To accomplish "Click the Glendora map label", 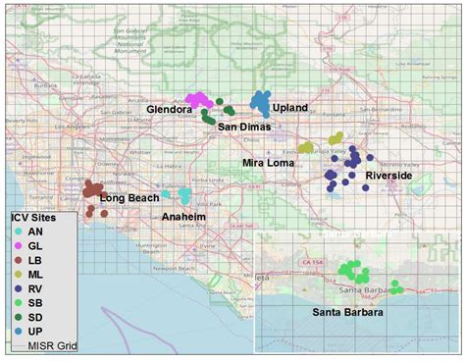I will (x=168, y=111).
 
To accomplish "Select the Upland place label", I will (x=290, y=107).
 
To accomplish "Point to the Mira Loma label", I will (x=267, y=163).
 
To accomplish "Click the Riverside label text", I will (x=388, y=175).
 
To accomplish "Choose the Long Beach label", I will (x=129, y=198).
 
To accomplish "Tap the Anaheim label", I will (x=183, y=216).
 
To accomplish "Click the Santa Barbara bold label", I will (x=347, y=312).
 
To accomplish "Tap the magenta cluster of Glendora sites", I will (x=200, y=100).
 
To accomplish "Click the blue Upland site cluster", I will (x=261, y=100).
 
